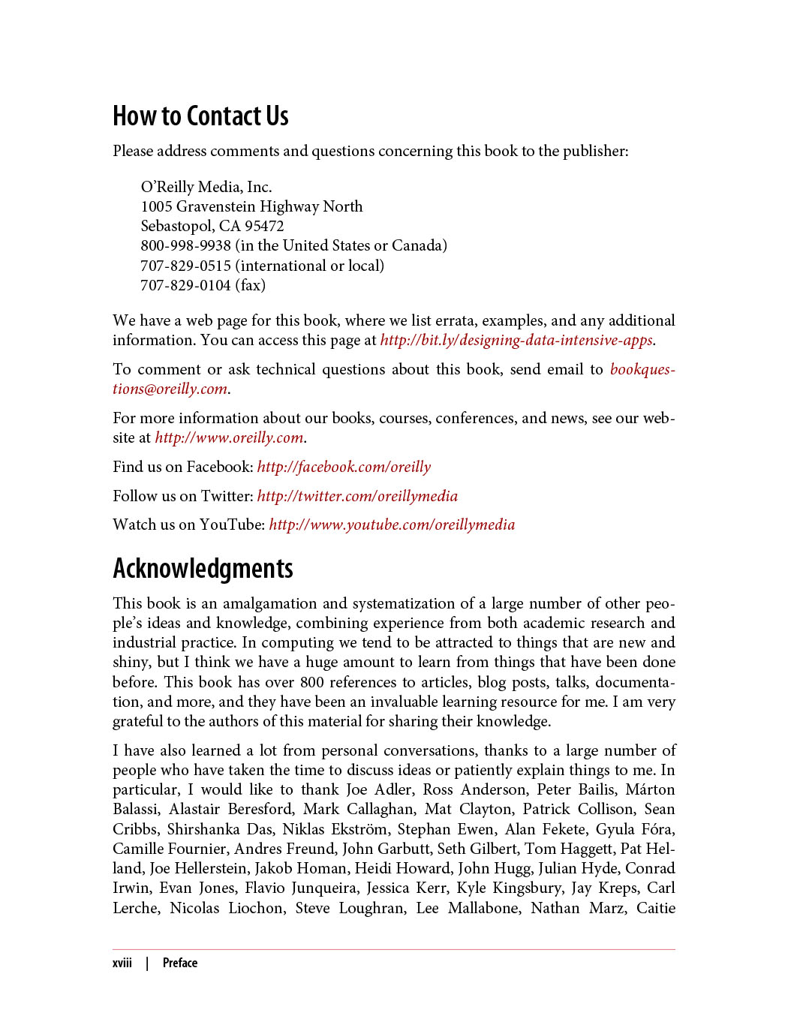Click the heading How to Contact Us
pyautogui.click(x=200, y=116)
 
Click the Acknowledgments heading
pyautogui.click(x=203, y=569)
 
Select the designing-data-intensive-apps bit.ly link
pyautogui.click(x=516, y=340)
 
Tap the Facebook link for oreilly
pyautogui.click(x=344, y=467)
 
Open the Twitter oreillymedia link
pyautogui.click(x=357, y=496)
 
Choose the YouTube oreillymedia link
pyautogui.click(x=392, y=525)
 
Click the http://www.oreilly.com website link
pyautogui.click(x=229, y=437)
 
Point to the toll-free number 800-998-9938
pyautogui.click(x=185, y=245)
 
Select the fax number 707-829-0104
pyautogui.click(x=185, y=285)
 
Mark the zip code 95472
pyautogui.click(x=264, y=226)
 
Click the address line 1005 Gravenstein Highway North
pyautogui.click(x=251, y=206)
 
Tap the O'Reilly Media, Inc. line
pyautogui.click(x=206, y=187)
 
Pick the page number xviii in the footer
pyautogui.click(x=122, y=963)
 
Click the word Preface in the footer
pyautogui.click(x=180, y=963)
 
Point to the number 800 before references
pyautogui.click(x=312, y=682)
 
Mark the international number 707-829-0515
pyautogui.click(x=185, y=266)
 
